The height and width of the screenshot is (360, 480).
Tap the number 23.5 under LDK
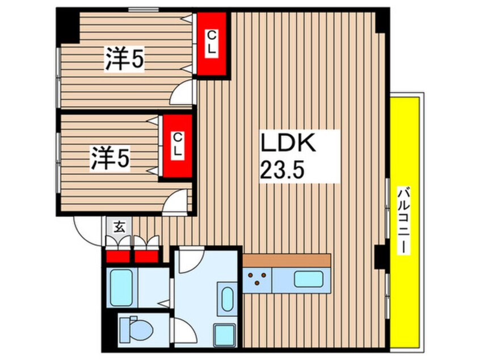click(x=282, y=169)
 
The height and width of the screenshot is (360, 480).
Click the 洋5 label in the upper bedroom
click(x=123, y=61)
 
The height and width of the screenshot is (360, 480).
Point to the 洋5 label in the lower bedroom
click(x=110, y=158)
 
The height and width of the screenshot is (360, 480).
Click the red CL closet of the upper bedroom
click(x=211, y=44)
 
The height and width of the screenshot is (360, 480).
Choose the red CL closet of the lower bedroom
click(x=177, y=147)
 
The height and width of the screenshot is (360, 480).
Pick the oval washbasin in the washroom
click(x=227, y=299)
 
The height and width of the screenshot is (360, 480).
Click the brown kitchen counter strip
click(x=287, y=259)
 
